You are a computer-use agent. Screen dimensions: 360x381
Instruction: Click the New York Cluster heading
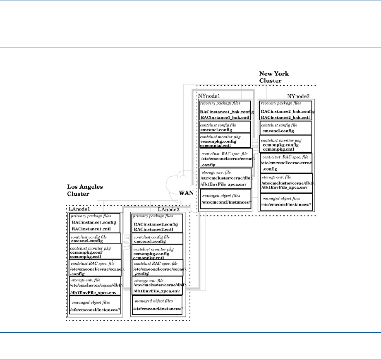[x=274, y=77]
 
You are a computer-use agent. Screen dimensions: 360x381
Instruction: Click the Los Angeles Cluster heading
[x=85, y=190]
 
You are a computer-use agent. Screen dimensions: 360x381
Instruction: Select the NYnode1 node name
[x=210, y=96]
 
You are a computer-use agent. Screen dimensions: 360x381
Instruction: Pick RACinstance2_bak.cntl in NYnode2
[x=285, y=117]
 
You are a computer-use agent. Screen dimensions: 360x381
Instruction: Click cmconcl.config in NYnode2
[x=278, y=131]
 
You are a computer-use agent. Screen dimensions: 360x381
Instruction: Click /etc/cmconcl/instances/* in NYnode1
[x=225, y=202]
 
